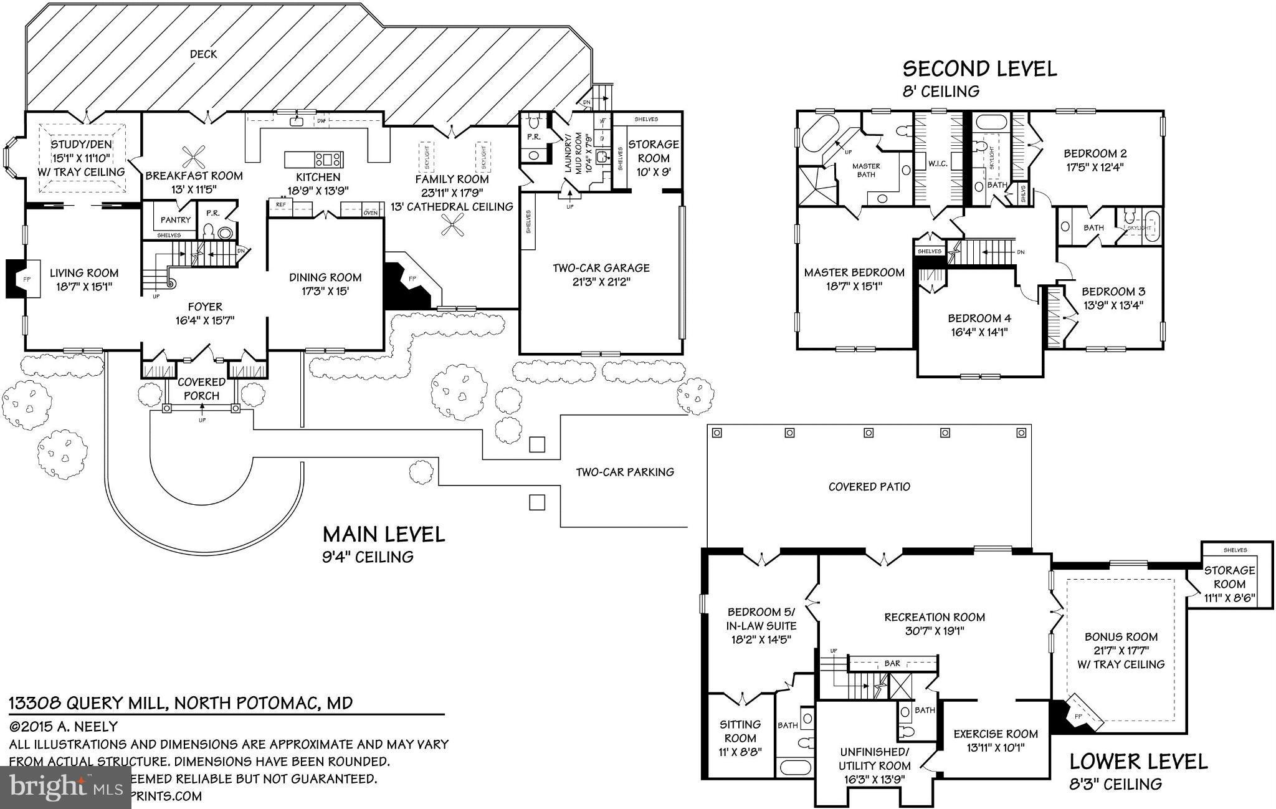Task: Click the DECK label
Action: [x=204, y=54]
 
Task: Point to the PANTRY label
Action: [x=175, y=219]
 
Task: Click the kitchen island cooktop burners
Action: [x=328, y=159]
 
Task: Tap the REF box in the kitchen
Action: [x=280, y=204]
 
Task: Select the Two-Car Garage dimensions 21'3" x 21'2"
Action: [x=601, y=282]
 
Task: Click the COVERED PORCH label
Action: [x=201, y=388]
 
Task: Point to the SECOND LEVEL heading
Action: [x=979, y=69]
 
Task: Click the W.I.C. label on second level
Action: [x=938, y=164]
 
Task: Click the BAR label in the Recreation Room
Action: [x=892, y=663]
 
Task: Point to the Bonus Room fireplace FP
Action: [x=1078, y=716]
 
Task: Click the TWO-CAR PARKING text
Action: [x=624, y=472]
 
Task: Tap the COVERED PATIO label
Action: [x=869, y=486]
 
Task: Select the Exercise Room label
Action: [x=996, y=734]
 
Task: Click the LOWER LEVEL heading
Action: [x=1138, y=761]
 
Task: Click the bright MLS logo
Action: [x=66, y=787]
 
